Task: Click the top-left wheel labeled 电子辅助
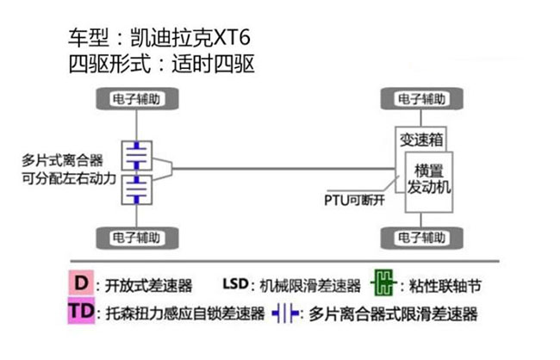137,98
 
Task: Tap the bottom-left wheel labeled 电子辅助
137,238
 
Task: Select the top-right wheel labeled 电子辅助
422,98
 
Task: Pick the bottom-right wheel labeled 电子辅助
422,238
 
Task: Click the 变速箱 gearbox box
421,139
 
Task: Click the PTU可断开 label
354,201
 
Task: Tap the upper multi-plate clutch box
137,155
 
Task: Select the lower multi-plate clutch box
137,189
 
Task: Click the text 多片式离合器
63,160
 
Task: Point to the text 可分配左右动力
69,178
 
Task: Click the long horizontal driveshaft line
284,169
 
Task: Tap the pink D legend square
82,282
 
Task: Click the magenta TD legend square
82,311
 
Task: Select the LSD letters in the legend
235,284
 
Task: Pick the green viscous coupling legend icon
383,283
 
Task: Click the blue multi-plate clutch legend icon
285,313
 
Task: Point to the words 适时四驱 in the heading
213,65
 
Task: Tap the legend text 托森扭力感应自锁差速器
185,313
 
